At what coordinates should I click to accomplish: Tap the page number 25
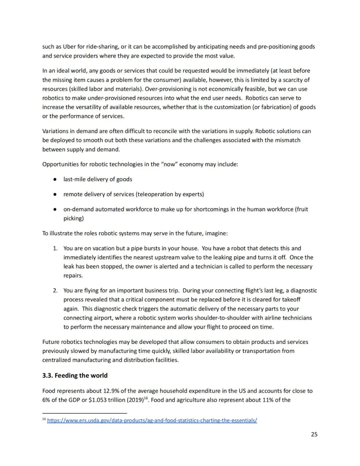(314, 434)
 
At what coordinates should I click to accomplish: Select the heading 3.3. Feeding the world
(75, 376)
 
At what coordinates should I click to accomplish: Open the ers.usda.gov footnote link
(152, 421)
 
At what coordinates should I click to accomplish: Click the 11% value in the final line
(268, 400)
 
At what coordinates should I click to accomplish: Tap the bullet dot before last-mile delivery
(55, 179)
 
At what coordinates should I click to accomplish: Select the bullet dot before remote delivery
(55, 194)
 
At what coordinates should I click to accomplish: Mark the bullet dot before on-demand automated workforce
(55, 209)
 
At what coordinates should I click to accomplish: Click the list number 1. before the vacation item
(55, 249)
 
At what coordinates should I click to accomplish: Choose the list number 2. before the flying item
(55, 291)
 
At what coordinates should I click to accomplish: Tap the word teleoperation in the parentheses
(153, 194)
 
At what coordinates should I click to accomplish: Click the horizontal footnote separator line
(85, 413)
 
